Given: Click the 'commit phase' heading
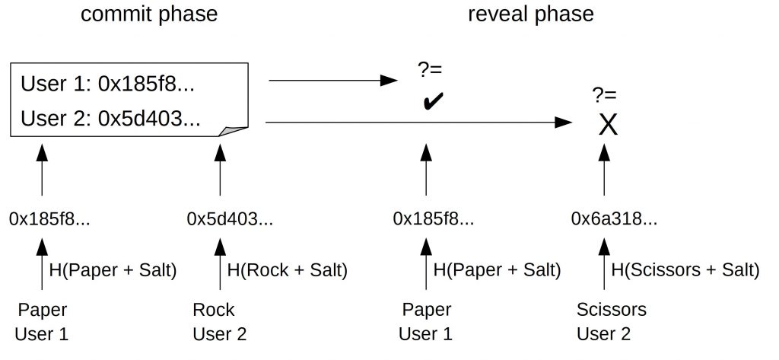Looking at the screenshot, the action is [149, 14].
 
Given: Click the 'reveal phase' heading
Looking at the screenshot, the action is [530, 14].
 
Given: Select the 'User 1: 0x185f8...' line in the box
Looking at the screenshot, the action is [107, 84].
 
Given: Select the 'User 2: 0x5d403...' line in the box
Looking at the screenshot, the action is [110, 119].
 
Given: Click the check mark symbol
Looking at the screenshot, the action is [433, 101].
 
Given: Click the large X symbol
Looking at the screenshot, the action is [608, 125].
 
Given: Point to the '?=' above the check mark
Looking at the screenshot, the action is [431, 69].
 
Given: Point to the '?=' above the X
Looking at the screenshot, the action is [604, 94].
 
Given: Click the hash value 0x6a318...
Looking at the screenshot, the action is [614, 218].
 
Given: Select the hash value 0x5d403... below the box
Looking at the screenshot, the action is [230, 218].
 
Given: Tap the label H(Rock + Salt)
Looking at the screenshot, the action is [287, 270].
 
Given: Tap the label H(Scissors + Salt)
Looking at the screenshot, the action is [685, 270].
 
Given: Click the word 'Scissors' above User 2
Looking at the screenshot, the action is [612, 310].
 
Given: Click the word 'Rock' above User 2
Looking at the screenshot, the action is [213, 310].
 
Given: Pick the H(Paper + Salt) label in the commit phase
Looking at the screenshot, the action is [113, 270].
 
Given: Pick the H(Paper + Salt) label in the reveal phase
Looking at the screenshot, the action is [497, 270].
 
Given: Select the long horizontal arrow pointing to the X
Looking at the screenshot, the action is [419, 122].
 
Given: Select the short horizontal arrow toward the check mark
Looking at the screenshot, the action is [333, 80].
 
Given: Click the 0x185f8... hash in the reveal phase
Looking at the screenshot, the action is [434, 218].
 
